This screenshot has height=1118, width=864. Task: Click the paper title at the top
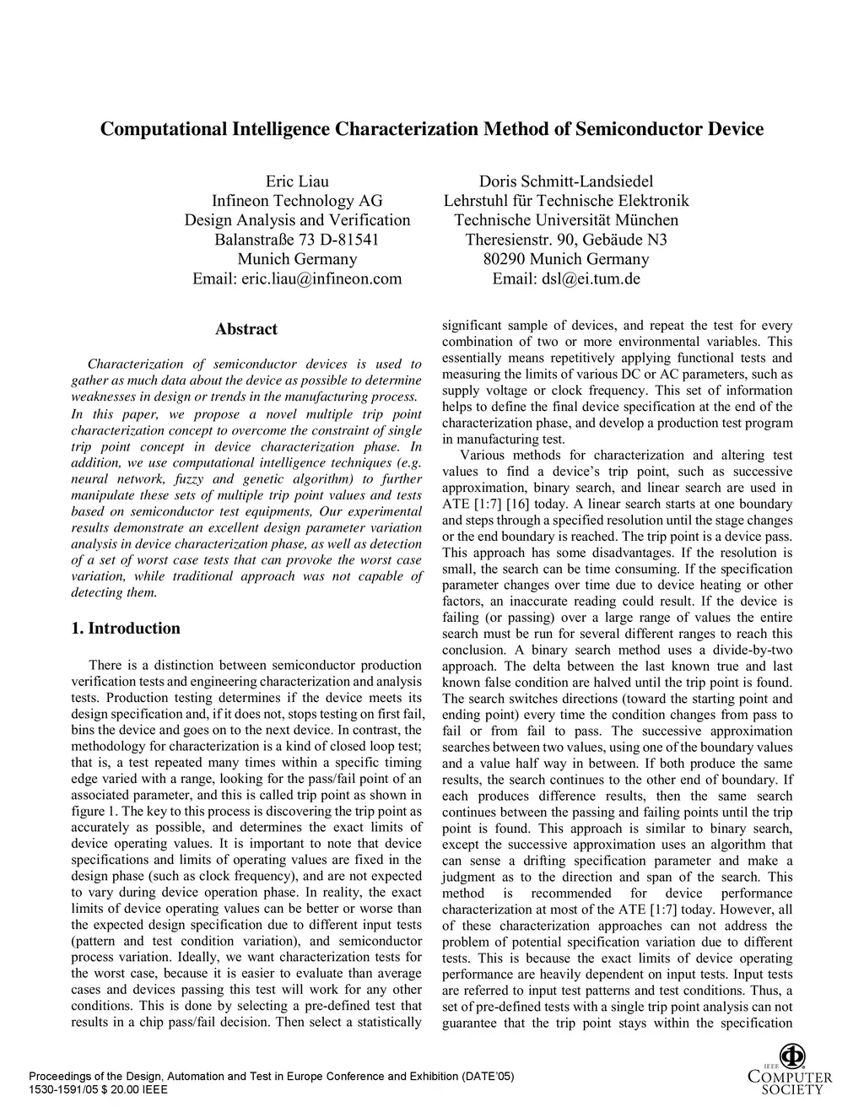click(432, 129)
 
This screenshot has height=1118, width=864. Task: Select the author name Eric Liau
click(297, 181)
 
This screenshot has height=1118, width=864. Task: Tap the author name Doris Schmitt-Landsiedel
click(566, 181)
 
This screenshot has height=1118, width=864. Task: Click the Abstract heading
click(246, 329)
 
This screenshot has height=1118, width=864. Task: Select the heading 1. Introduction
click(126, 628)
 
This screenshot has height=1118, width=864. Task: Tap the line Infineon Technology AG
click(297, 201)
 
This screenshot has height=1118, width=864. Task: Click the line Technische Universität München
click(566, 220)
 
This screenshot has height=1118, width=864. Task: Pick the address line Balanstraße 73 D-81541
click(297, 240)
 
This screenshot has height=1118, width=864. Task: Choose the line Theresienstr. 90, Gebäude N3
click(566, 240)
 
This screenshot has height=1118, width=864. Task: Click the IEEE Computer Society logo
click(790, 1069)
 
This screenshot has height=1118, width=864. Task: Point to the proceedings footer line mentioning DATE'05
click(271, 1077)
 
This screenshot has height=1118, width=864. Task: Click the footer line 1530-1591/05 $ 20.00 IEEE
click(98, 1089)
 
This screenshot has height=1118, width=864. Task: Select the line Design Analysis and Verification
click(297, 220)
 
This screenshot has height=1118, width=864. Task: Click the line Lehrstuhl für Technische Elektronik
click(566, 201)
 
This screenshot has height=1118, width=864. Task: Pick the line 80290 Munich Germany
click(566, 259)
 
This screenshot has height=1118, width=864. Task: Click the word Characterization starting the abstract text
click(135, 365)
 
